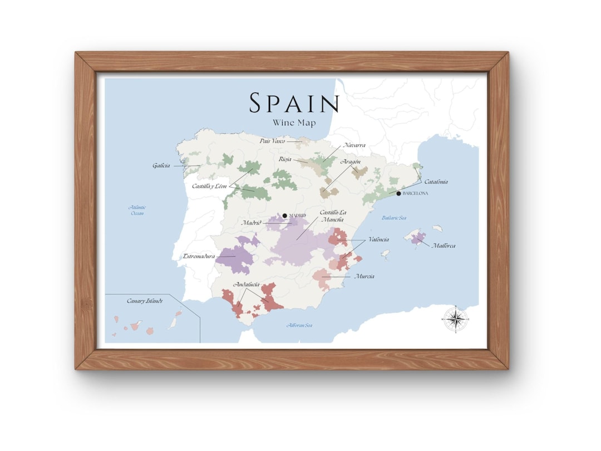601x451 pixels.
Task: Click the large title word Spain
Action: point(294,104)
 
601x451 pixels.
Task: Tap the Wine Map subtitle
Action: point(294,122)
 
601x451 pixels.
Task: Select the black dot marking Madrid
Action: point(284,215)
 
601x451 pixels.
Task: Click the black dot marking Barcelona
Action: point(398,193)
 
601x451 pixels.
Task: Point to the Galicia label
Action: point(161,165)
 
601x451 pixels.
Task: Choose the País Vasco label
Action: point(272,141)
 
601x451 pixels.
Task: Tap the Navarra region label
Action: point(354,145)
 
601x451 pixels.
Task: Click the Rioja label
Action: point(285,159)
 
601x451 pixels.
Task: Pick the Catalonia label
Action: point(436,182)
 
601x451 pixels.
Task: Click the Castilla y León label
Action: point(210,186)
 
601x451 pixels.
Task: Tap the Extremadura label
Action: point(199,257)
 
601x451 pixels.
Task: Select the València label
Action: point(378,239)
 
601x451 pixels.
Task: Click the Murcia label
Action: point(364,276)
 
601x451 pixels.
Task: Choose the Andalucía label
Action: point(247,285)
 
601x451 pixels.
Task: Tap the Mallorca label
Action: point(444,245)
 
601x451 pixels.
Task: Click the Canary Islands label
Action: point(145,301)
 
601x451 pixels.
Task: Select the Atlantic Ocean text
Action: point(137,210)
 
